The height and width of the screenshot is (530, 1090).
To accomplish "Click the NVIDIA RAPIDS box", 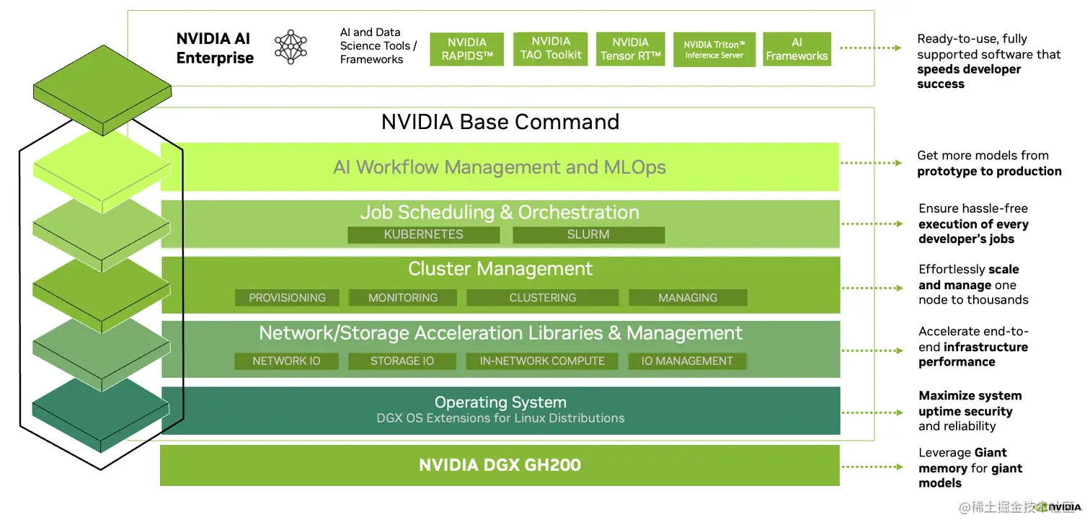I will (x=466, y=49).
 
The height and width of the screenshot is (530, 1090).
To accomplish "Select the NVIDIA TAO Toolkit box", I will (x=551, y=48).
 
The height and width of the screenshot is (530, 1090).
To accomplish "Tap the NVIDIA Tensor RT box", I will (x=630, y=49).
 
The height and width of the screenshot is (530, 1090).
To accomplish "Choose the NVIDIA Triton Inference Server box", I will (x=714, y=49).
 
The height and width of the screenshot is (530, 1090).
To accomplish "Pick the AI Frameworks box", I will (x=797, y=49).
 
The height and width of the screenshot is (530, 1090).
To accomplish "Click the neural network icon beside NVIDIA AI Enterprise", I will (x=291, y=47).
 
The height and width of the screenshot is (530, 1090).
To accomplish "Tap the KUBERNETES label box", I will (x=423, y=234).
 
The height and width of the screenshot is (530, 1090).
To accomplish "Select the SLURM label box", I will (x=588, y=234).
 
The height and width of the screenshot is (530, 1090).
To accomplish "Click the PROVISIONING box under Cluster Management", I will (x=287, y=298).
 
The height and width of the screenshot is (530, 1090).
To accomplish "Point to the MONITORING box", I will (x=403, y=298).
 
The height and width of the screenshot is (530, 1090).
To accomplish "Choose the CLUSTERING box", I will (x=542, y=298).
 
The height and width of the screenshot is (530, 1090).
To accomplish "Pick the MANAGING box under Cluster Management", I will (x=688, y=298).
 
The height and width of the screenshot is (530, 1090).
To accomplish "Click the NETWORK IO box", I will (x=286, y=361).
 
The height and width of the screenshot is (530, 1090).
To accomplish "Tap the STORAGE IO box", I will (x=402, y=361).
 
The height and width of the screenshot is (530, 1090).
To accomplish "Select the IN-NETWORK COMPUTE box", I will (x=542, y=361).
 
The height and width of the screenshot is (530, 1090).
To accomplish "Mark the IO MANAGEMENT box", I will (x=687, y=361).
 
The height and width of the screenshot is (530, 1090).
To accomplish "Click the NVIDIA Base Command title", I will (x=500, y=122).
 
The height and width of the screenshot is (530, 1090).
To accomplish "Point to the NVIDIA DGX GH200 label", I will (x=500, y=465).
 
